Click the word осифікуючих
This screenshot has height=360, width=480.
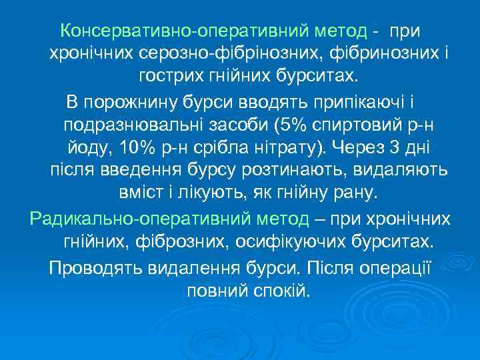[289, 241]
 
